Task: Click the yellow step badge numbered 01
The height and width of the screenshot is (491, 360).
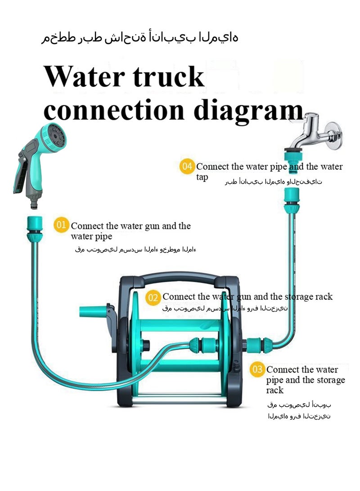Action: pyautogui.click(x=62, y=225)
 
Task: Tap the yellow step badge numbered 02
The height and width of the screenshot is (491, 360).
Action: pyautogui.click(x=153, y=297)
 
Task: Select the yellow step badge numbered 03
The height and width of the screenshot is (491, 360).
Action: pyautogui.click(x=257, y=370)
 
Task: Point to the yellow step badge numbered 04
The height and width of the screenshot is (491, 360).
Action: pyautogui.click(x=187, y=167)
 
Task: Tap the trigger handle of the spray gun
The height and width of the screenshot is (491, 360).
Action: pyautogui.click(x=21, y=173)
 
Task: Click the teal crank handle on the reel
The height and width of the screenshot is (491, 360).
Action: pyautogui.click(x=92, y=312)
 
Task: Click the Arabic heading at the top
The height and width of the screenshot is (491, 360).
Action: pyautogui.click(x=139, y=38)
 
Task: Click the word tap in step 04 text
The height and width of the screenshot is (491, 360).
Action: pyautogui.click(x=202, y=177)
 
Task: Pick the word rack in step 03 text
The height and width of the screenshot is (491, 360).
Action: pyautogui.click(x=275, y=390)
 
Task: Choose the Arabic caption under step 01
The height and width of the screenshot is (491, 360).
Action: pyautogui.click(x=135, y=249)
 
